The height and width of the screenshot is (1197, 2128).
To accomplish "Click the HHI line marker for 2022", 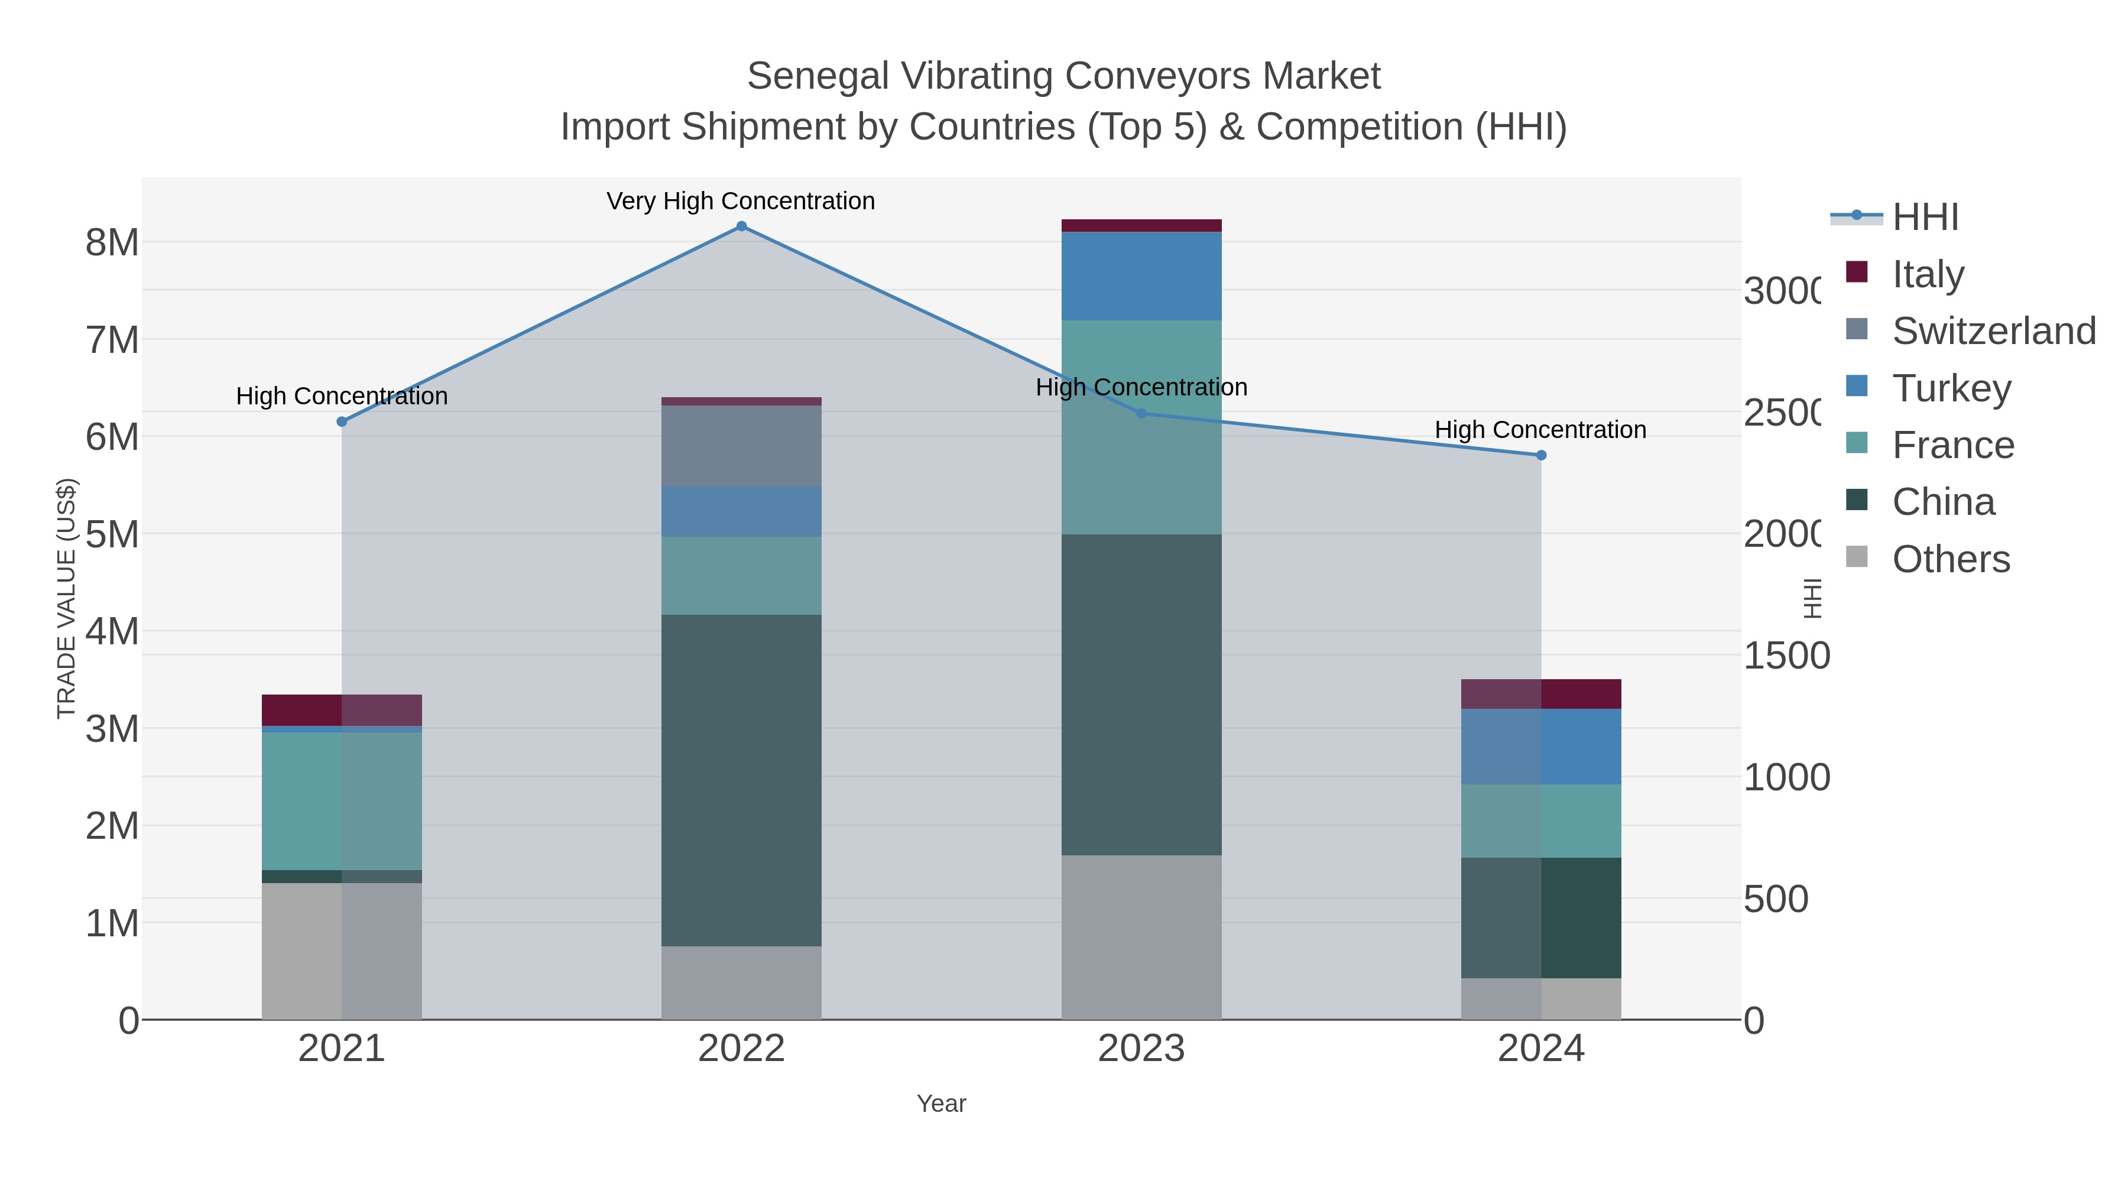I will [x=741, y=226].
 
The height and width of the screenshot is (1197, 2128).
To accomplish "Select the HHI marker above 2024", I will [x=1540, y=455].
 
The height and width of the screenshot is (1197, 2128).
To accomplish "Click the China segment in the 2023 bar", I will [x=1141, y=694].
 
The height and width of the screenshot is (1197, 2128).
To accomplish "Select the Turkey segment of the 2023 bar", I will [x=1141, y=276].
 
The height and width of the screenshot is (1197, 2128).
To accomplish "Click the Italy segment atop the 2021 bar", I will [x=341, y=709].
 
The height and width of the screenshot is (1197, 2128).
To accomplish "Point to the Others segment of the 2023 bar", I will [x=1141, y=937].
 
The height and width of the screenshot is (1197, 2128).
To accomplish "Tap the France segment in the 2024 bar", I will [x=1540, y=820].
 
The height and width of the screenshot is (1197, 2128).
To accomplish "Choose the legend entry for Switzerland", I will [x=1993, y=331].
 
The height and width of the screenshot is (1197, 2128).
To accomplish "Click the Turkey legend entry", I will [x=1951, y=388].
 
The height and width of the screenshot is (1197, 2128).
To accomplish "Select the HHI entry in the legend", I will [x=1925, y=218].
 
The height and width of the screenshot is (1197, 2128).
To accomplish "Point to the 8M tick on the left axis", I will [x=112, y=243].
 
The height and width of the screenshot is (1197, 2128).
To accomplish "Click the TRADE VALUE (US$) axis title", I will [x=66, y=598].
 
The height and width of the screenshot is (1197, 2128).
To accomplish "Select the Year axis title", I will [x=941, y=1104].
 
